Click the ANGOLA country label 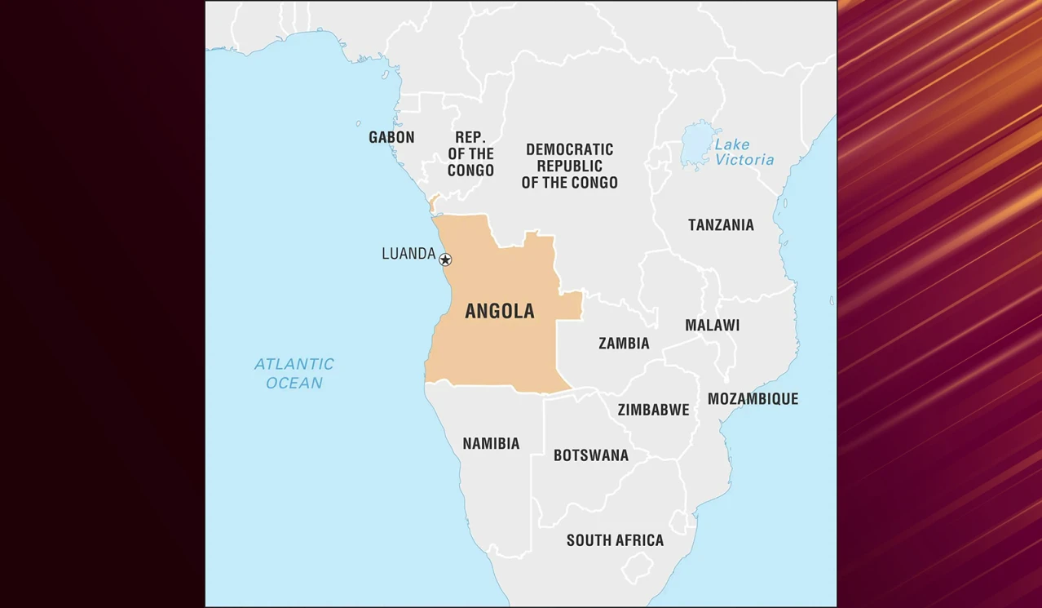click(499, 311)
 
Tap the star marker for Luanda click(445, 260)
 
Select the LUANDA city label click(408, 254)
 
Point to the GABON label click(391, 137)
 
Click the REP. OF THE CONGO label click(470, 153)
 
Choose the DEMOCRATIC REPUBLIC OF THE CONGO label click(569, 166)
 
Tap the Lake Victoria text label click(744, 153)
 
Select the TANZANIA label click(721, 224)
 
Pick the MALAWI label click(712, 325)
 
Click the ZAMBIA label click(624, 344)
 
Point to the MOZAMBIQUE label click(753, 399)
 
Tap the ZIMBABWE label click(653, 410)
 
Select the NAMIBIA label click(491, 444)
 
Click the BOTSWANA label click(590, 455)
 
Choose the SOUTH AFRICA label click(615, 540)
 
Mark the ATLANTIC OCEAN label click(294, 373)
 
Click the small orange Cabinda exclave click(434, 202)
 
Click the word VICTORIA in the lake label click(744, 160)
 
